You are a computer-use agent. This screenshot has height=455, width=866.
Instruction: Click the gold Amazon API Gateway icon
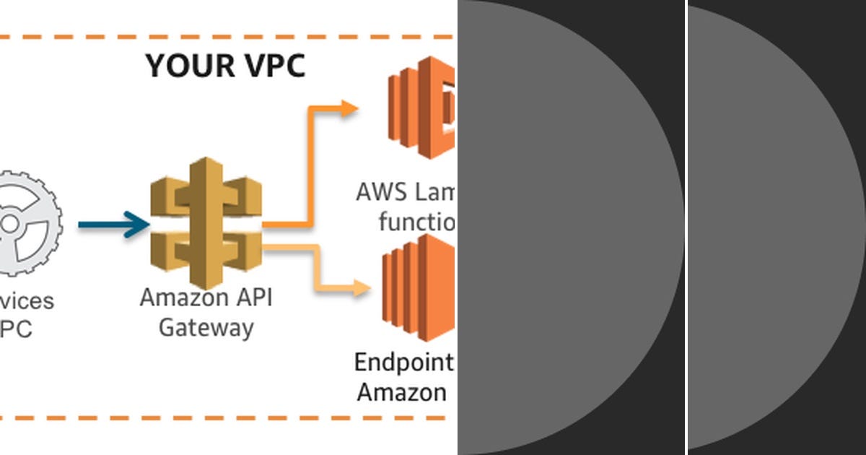coord(206,220)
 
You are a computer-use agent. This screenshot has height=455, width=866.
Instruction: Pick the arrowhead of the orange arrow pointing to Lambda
coord(349,108)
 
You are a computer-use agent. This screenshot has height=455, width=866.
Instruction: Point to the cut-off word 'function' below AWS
coord(417,221)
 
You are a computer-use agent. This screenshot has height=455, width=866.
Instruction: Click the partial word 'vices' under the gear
coord(27,300)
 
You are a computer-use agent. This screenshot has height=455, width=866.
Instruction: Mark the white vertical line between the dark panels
coord(686,227)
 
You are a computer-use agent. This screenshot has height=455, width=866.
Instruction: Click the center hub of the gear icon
coord(9,223)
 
